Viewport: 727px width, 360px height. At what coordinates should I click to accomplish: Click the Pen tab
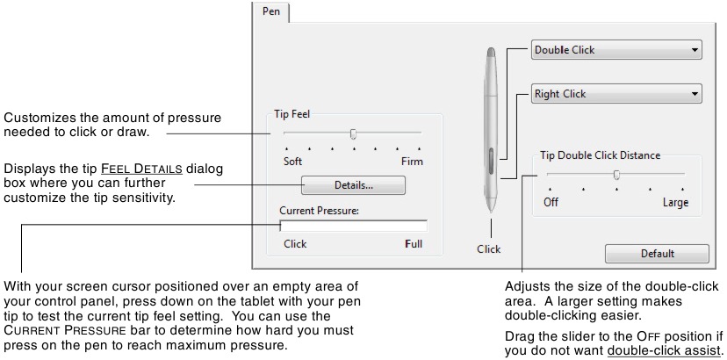(270, 13)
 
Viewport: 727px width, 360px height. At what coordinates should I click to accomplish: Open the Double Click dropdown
(616, 50)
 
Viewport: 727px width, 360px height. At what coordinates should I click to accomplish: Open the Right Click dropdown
(616, 94)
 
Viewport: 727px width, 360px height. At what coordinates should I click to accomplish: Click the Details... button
(353, 186)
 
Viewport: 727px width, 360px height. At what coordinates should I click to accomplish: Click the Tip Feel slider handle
(353, 134)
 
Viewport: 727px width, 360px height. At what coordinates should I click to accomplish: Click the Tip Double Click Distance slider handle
(616, 175)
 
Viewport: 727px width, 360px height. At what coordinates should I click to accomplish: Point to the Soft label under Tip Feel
(293, 162)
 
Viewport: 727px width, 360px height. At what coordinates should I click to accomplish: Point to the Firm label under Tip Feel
(411, 162)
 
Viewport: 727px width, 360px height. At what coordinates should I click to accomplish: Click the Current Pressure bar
(353, 227)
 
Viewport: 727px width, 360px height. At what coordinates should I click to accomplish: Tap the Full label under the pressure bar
(414, 244)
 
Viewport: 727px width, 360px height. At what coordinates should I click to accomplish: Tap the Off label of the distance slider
(551, 203)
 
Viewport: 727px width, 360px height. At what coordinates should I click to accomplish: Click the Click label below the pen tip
(488, 249)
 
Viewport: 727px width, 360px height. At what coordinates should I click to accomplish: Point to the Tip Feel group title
(293, 113)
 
